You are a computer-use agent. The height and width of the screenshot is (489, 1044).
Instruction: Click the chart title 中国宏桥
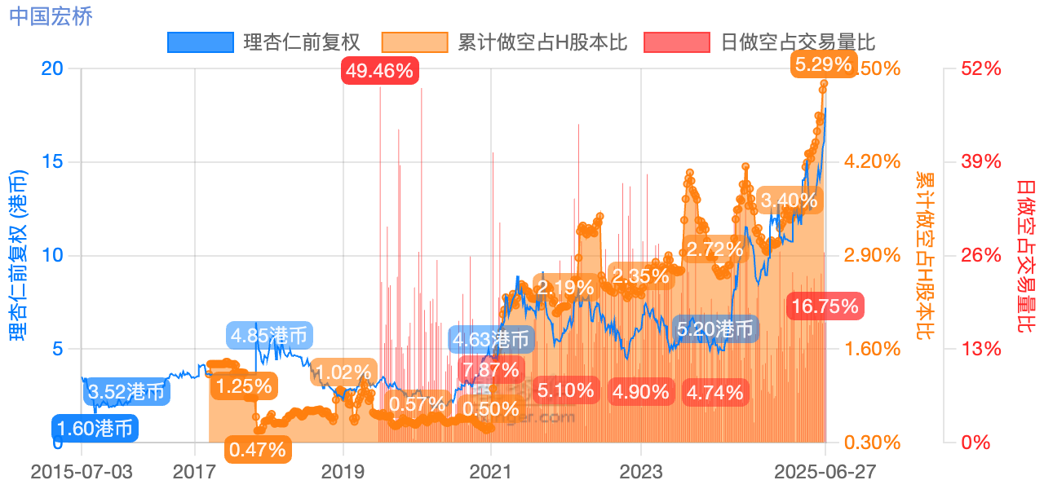[x=51, y=15]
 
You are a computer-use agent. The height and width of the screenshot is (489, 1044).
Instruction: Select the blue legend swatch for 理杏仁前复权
[x=200, y=42]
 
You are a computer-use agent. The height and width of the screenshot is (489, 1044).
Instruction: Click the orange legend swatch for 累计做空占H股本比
[x=415, y=42]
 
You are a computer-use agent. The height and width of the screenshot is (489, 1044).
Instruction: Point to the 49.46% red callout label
[x=379, y=71]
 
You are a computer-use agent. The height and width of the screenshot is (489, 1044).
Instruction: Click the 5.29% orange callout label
[x=823, y=65]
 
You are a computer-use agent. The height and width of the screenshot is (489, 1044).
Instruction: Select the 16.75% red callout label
[x=824, y=306]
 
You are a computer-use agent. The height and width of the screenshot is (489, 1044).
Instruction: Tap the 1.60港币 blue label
[x=96, y=428]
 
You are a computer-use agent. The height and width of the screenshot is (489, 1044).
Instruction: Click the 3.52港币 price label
[x=126, y=392]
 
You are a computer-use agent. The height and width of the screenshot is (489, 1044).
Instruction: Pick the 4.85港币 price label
[x=269, y=335]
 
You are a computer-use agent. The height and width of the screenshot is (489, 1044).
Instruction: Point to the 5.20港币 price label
[x=715, y=329]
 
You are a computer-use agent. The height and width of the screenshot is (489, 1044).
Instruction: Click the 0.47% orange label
[x=257, y=448]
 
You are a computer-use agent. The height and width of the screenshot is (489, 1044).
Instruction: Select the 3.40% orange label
[x=788, y=200]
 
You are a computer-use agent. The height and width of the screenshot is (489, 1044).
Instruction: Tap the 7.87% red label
[x=490, y=370]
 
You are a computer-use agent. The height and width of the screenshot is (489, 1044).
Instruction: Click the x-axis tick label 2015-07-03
[x=82, y=472]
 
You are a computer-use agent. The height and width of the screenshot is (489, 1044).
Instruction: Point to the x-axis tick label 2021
[x=491, y=472]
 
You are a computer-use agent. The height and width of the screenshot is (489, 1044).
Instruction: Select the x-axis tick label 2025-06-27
[x=824, y=472]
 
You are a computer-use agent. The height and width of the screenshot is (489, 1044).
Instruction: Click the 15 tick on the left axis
[x=52, y=161]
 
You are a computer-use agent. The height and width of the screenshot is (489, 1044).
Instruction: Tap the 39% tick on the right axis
[x=981, y=161]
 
